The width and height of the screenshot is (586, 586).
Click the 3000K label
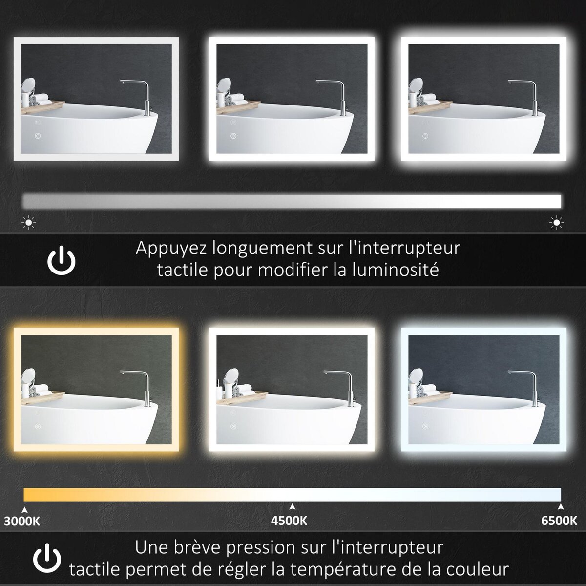click(22, 521)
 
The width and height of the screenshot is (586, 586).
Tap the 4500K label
click(289, 521)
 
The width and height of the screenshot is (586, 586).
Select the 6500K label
click(559, 521)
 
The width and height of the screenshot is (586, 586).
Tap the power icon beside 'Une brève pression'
click(47, 557)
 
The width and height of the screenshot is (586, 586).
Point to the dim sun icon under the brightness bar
click(29, 223)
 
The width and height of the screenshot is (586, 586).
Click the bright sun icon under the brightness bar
click(556, 223)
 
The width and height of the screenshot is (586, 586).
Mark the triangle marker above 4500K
click(292, 506)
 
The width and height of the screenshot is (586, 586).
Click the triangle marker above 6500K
click(561, 506)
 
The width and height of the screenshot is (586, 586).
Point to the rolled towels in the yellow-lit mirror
click(40, 390)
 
